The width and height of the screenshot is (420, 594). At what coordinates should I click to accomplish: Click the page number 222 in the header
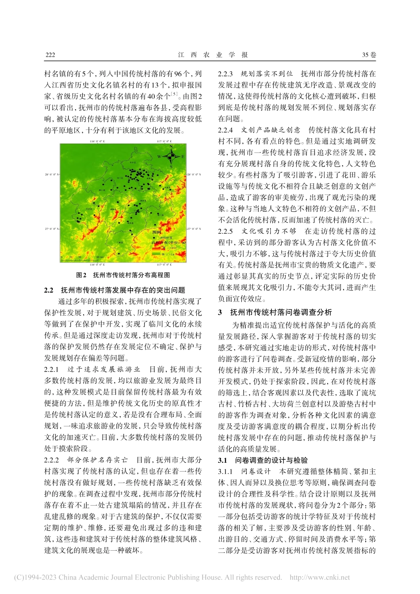tap(50, 55)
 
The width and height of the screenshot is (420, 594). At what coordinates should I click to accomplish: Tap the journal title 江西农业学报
tap(213, 55)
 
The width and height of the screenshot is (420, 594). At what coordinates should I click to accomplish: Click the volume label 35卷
tap(369, 55)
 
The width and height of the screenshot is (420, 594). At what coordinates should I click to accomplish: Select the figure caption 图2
tap(81, 275)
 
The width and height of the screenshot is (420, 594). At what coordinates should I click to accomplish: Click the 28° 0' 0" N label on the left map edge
tap(52, 175)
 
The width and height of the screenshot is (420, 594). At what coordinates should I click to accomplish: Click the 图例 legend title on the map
tap(157, 232)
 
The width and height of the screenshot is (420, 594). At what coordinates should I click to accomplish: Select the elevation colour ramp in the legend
tap(156, 251)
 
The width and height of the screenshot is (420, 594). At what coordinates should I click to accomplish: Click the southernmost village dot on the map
tap(118, 253)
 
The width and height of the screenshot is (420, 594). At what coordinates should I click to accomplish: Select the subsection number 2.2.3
tap(225, 74)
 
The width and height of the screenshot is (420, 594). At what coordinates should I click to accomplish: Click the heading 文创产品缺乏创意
tap(271, 130)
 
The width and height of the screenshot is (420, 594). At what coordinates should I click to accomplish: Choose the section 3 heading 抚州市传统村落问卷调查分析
tap(280, 312)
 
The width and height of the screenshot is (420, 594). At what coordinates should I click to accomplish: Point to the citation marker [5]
tap(175, 94)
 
